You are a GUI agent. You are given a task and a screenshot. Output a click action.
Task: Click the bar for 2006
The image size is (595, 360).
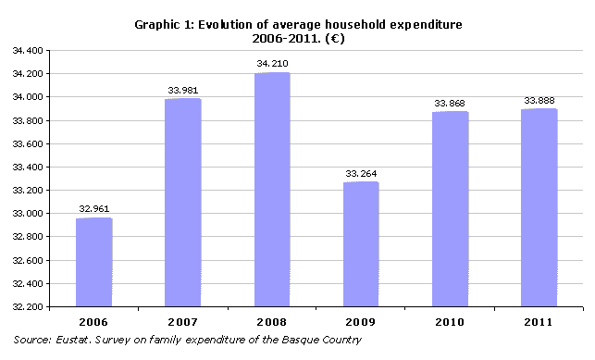(93, 262)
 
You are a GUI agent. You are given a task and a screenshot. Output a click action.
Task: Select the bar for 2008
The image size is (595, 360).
(271, 190)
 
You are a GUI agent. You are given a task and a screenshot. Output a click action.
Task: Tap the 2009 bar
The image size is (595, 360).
(361, 244)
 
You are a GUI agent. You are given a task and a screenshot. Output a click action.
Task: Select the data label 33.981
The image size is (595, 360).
(182, 91)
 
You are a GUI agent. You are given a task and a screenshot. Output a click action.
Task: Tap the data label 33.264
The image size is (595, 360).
(361, 174)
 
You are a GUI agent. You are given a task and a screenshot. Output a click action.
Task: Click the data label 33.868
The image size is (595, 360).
(450, 104)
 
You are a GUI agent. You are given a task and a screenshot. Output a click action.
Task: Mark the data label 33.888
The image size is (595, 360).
(539, 101)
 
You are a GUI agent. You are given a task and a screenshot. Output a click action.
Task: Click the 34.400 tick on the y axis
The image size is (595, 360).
(30, 50)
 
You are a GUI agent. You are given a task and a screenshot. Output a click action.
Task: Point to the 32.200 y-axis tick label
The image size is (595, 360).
(30, 307)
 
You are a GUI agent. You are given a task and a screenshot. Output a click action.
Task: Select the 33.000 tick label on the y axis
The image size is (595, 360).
(30, 214)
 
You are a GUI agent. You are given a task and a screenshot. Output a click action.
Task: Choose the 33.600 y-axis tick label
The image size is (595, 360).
(30, 143)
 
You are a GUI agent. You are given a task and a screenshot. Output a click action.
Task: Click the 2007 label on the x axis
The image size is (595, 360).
(182, 321)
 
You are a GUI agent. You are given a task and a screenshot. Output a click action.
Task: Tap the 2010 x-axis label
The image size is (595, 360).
(450, 321)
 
